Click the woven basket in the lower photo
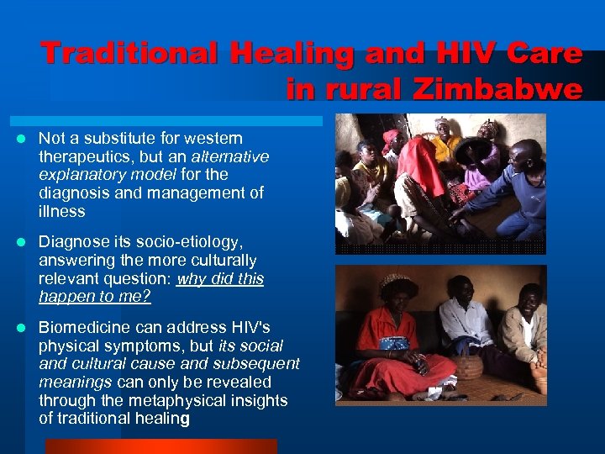point(467,365)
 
